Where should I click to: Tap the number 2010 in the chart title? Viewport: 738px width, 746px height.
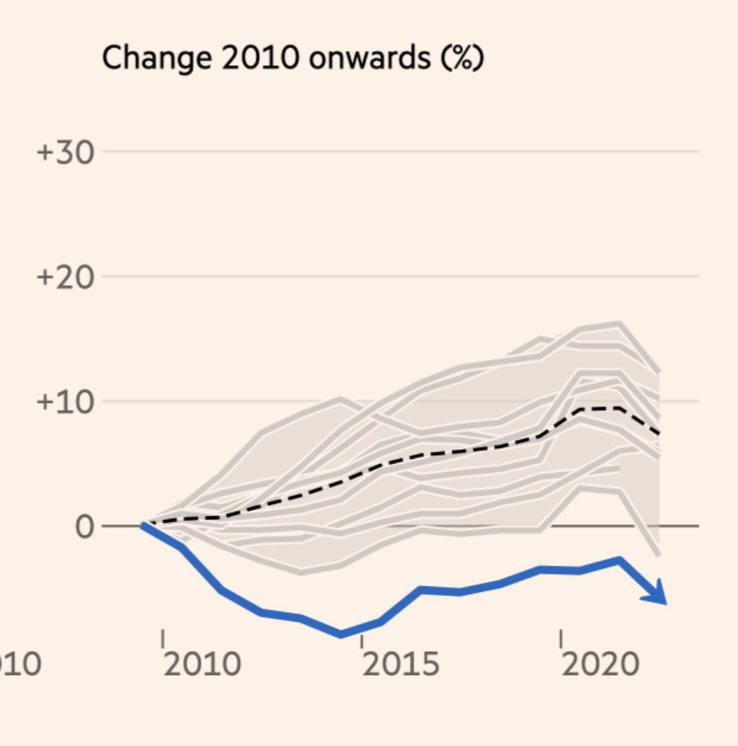238,60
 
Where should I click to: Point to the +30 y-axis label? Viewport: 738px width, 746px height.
65,152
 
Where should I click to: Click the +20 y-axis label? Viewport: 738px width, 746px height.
65,277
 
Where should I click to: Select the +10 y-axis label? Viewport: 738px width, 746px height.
65,401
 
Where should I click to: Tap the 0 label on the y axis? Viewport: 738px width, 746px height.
85,527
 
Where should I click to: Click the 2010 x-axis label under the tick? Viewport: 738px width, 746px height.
201,664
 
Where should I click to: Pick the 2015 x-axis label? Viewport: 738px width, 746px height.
401,664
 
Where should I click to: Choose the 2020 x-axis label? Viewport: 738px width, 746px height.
600,664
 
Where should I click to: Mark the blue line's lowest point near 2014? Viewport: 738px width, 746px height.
341,634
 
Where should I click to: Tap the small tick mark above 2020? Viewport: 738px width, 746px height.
561,639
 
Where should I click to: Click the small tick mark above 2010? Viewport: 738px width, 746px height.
162,639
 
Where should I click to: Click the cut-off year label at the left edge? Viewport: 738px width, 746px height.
19,664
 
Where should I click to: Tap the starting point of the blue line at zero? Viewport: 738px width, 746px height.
144,525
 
